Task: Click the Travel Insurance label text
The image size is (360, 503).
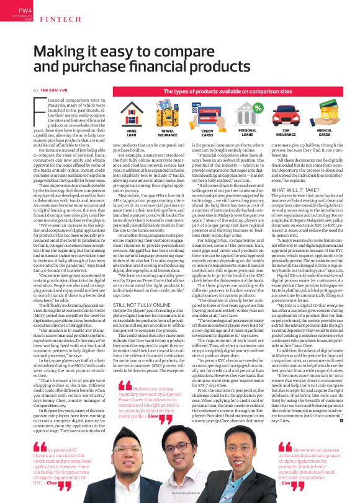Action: click(167, 133)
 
